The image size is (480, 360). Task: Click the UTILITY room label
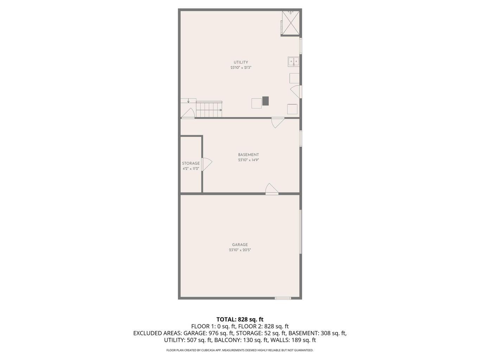click(241, 62)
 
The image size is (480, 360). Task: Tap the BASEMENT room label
click(248, 155)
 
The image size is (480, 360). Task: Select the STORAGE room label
click(191, 163)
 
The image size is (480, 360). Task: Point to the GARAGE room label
click(240, 245)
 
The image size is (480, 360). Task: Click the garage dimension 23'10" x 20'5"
click(240, 250)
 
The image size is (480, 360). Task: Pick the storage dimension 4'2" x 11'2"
click(191, 169)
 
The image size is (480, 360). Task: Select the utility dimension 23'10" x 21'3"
click(241, 67)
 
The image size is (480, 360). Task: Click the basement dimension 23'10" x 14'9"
click(248, 160)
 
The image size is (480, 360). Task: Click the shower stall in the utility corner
click(291, 23)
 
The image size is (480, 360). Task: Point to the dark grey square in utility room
click(265, 101)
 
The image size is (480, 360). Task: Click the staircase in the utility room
click(209, 109)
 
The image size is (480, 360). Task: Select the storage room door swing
click(206, 164)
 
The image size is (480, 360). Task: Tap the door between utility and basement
click(277, 122)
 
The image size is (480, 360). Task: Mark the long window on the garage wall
click(301, 232)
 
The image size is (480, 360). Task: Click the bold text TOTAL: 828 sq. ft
click(240, 320)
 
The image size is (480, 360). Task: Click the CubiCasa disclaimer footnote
click(240, 350)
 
